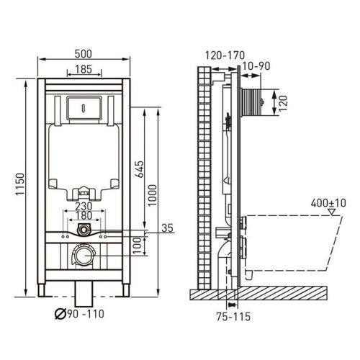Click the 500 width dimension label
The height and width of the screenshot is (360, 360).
pyautogui.click(x=84, y=53)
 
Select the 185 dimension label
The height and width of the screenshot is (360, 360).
pyautogui.click(x=84, y=69)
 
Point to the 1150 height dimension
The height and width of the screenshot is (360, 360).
pyautogui.click(x=20, y=184)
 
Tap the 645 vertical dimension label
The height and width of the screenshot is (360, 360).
pyautogui.click(x=139, y=169)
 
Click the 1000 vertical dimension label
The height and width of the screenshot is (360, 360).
pyautogui.click(x=152, y=195)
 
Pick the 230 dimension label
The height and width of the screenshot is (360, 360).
pyautogui.click(x=84, y=206)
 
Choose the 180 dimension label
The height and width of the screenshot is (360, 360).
pyautogui.click(x=84, y=215)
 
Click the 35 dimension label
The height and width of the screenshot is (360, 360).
pyautogui.click(x=167, y=228)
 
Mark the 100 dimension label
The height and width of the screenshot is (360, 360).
pyautogui.click(x=137, y=246)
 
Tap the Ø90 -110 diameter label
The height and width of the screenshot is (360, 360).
pyautogui.click(x=79, y=314)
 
